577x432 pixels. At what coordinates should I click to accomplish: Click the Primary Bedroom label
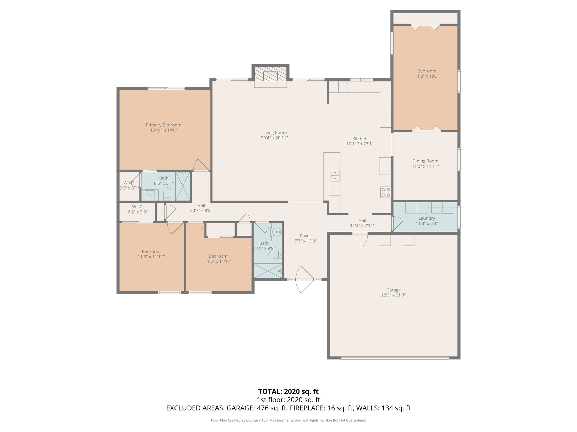coord(163,125)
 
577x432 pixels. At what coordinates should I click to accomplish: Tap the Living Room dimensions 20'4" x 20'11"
coord(274,138)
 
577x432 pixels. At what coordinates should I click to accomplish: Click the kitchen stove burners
coord(386,192)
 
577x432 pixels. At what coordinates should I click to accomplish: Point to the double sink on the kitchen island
coord(335,175)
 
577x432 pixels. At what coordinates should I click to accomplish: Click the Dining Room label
coord(425,161)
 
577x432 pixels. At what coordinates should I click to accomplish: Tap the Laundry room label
coord(427,218)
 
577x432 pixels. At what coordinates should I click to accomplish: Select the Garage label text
coord(393,290)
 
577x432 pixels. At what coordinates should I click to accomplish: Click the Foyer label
coord(305,236)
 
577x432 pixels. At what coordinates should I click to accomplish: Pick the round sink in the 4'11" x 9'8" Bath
coord(277,232)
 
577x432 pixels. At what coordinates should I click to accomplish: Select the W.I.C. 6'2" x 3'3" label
coord(137,207)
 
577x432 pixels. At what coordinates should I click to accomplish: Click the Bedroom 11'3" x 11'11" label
coord(151,252)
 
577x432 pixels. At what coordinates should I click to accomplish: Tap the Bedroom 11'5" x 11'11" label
coord(218,256)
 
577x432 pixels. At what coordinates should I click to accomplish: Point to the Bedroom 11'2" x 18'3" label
coord(427,71)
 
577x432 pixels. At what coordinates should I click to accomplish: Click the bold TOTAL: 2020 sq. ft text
coord(288,391)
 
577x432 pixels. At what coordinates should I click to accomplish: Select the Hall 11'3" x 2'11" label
coord(362,220)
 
